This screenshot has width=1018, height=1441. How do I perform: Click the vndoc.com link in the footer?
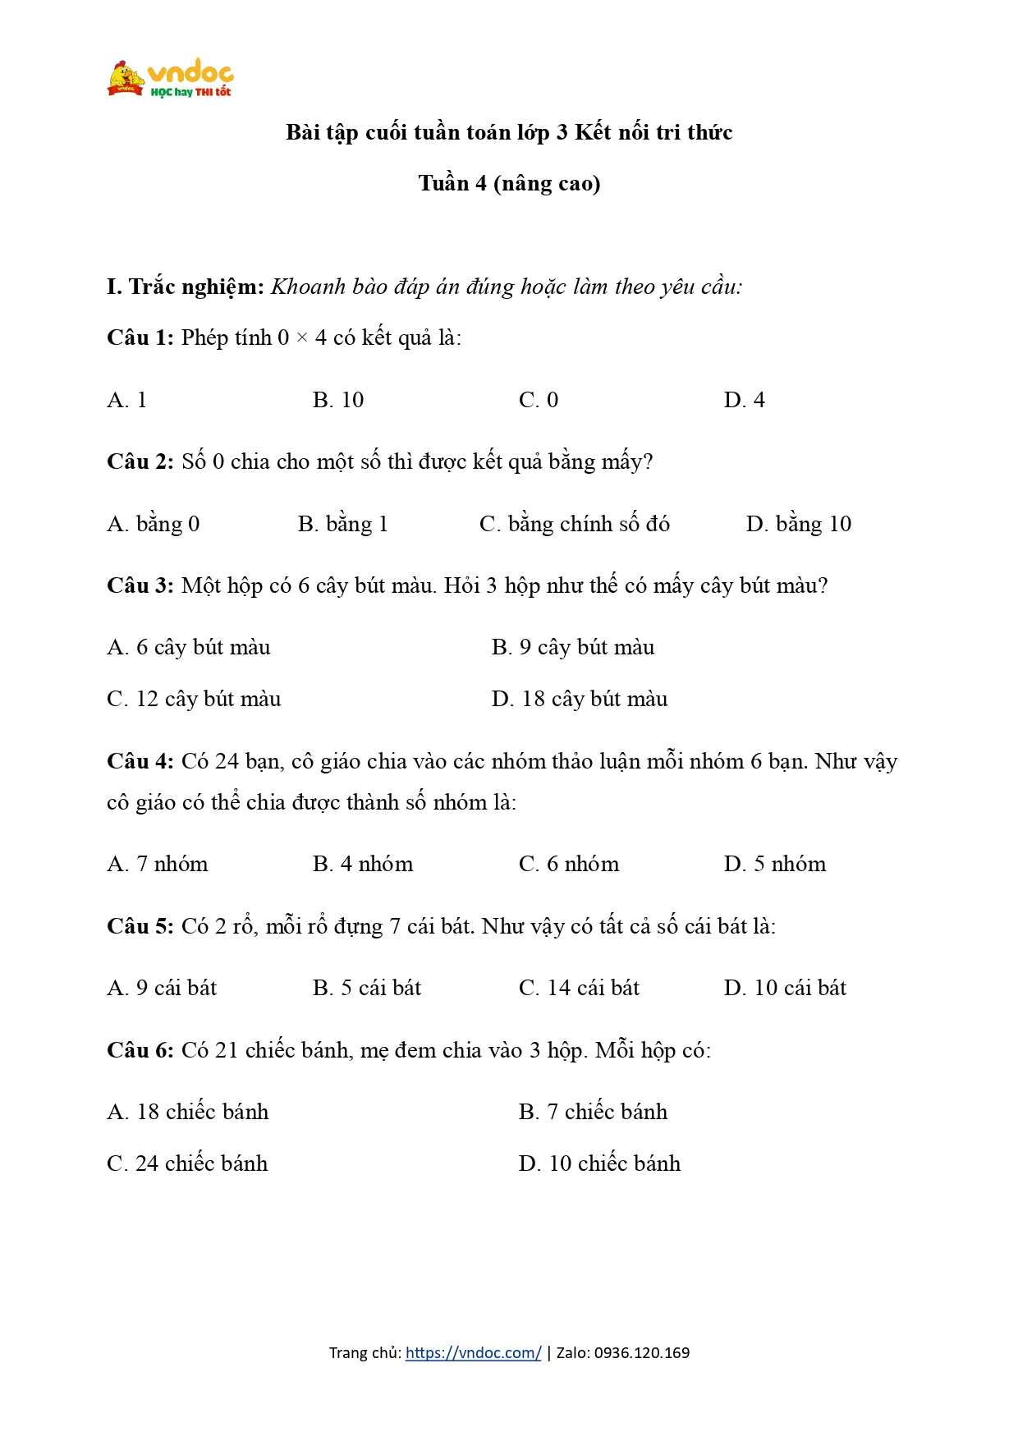point(473,1352)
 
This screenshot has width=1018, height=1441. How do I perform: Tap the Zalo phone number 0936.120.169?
point(641,1352)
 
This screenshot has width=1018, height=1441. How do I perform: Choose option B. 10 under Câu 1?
point(338,400)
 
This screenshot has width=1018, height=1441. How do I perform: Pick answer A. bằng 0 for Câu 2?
point(154,524)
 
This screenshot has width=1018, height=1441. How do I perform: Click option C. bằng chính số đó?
point(575,524)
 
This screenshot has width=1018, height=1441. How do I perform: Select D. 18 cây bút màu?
point(580,699)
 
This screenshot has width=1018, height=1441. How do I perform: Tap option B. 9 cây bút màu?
point(573,648)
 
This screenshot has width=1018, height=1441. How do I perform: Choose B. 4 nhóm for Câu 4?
point(363,864)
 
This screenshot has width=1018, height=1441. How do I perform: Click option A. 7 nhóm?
point(158,864)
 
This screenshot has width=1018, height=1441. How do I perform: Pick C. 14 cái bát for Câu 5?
point(579,988)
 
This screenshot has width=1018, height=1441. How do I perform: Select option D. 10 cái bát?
point(785,988)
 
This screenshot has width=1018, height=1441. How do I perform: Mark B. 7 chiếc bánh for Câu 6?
point(593,1112)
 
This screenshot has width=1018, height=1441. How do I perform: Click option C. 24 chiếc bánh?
point(187,1163)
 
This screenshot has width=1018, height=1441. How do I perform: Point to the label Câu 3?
point(140,585)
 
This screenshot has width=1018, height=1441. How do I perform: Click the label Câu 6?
point(140,1050)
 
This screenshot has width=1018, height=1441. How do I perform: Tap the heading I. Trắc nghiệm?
point(186,287)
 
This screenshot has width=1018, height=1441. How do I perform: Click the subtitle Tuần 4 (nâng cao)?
point(509,183)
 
